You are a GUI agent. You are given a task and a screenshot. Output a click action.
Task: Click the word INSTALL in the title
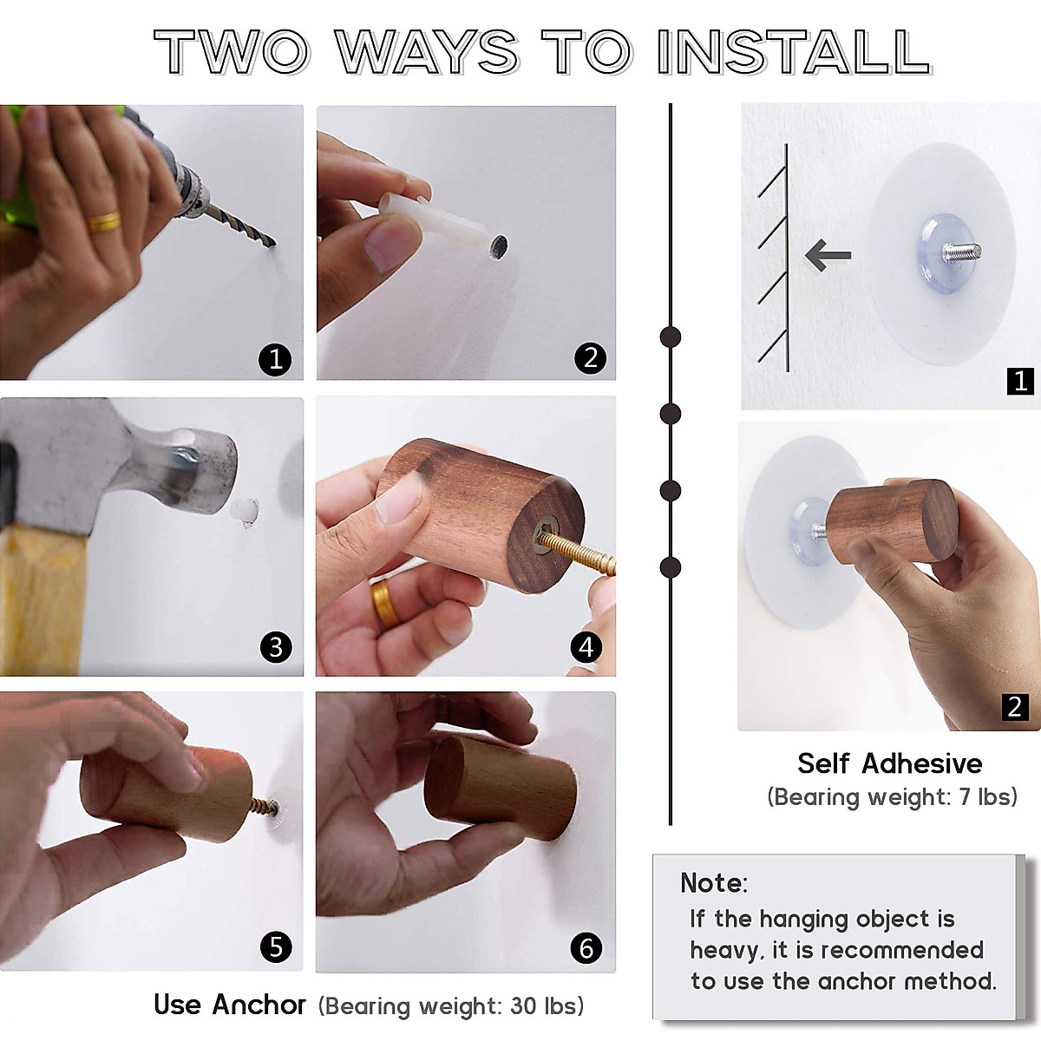click(794, 52)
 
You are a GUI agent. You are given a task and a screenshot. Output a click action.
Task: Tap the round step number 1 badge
click(276, 359)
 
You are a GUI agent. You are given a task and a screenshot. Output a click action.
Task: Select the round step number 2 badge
click(591, 358)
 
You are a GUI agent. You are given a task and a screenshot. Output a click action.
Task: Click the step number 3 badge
click(276, 646)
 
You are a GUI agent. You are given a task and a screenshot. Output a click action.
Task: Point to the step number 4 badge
click(586, 646)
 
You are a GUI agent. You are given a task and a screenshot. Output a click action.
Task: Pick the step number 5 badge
click(276, 946)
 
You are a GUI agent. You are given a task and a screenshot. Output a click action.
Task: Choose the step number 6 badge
click(586, 948)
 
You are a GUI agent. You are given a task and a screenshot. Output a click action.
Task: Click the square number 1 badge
click(1020, 382)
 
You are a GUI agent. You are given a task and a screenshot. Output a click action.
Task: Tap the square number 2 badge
click(1015, 707)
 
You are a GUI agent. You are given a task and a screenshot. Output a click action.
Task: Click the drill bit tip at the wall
click(274, 244)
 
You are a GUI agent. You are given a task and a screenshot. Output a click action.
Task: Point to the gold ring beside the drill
click(104, 221)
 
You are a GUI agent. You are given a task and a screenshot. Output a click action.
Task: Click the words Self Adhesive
click(890, 764)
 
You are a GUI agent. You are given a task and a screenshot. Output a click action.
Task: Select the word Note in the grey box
click(713, 883)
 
